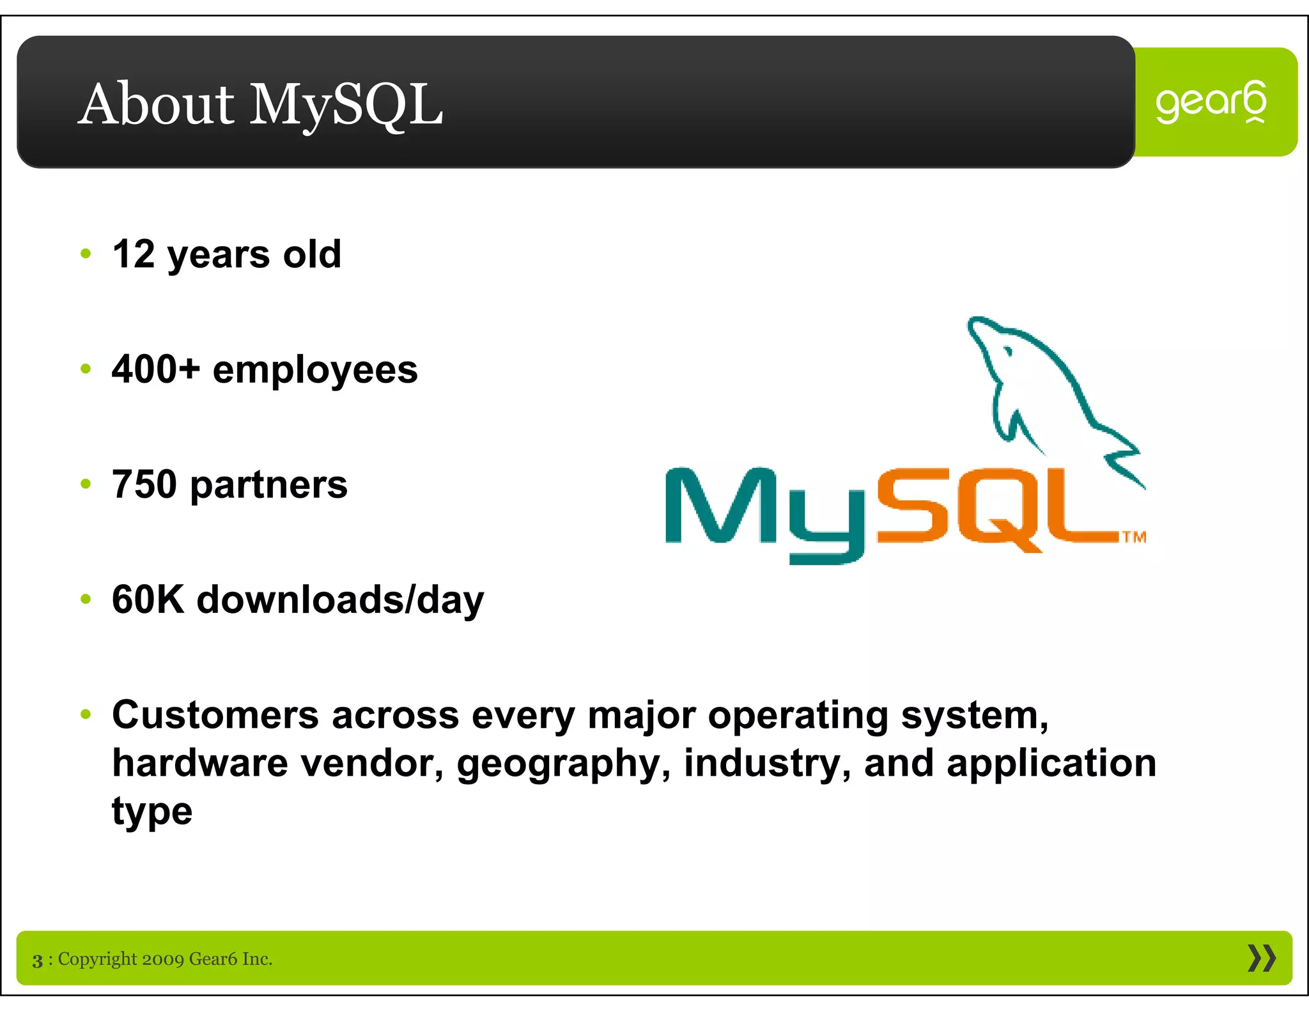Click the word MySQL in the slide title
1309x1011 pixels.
(x=346, y=105)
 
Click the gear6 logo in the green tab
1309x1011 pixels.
(x=1211, y=102)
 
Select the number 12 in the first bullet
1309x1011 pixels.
(x=133, y=254)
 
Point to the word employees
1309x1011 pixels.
(x=315, y=371)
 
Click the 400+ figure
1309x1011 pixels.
(x=156, y=369)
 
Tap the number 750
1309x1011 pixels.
(x=144, y=484)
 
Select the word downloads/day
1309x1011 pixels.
(x=340, y=601)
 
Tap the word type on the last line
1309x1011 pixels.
(x=152, y=813)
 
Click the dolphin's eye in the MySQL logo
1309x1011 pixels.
(x=1008, y=351)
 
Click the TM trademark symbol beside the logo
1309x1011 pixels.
(x=1135, y=537)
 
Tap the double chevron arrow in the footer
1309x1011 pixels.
(x=1261, y=958)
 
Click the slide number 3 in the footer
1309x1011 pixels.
(x=38, y=961)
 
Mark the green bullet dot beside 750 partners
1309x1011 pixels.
(x=86, y=484)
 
